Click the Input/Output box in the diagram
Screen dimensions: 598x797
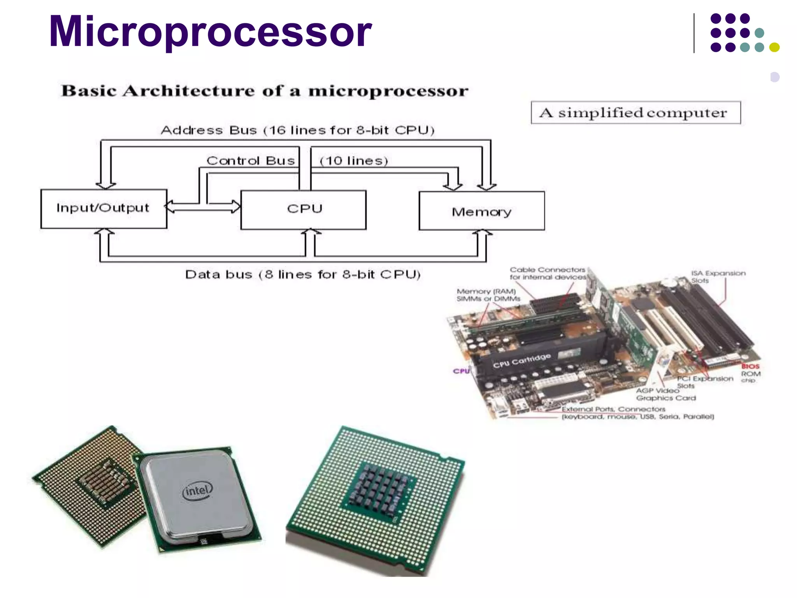click(104, 208)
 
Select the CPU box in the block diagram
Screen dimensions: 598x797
click(304, 209)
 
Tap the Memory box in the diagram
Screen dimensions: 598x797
click(481, 211)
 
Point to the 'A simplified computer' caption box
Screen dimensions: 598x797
click(635, 113)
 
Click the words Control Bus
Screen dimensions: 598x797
click(250, 160)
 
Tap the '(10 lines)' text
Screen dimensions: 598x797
click(354, 160)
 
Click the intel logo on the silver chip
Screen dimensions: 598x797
click(198, 491)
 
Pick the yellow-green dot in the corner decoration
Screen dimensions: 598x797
click(774, 47)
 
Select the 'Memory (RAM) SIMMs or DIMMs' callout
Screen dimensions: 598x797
click(488, 295)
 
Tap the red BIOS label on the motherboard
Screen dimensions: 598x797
click(750, 366)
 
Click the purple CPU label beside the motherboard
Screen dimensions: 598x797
click(462, 371)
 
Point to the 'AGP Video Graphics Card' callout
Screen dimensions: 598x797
click(665, 394)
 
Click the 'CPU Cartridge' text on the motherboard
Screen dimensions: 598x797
click(522, 361)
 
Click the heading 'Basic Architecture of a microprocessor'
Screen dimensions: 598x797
click(265, 91)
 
